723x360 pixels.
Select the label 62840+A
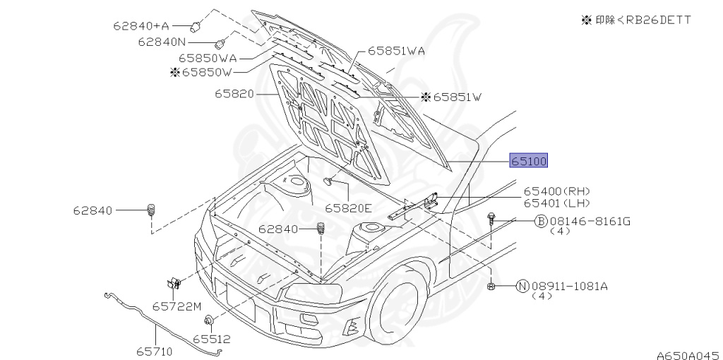pyautogui.click(x=140, y=26)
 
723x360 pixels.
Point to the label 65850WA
pyautogui.click(x=207, y=59)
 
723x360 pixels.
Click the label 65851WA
pyautogui.click(x=395, y=52)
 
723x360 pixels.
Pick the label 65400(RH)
pyautogui.click(x=556, y=191)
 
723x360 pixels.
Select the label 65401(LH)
pyautogui.click(x=556, y=203)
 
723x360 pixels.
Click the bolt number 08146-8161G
pyautogui.click(x=590, y=221)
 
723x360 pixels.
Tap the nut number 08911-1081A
pyautogui.click(x=569, y=286)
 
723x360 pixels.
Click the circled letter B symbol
pyautogui.click(x=540, y=221)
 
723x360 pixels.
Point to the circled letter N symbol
pyautogui.click(x=522, y=286)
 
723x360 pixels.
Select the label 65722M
pyautogui.click(x=177, y=306)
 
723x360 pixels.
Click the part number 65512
pyautogui.click(x=212, y=340)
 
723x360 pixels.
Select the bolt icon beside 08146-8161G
pyautogui.click(x=491, y=220)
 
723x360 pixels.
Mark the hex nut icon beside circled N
pyautogui.click(x=491, y=286)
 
